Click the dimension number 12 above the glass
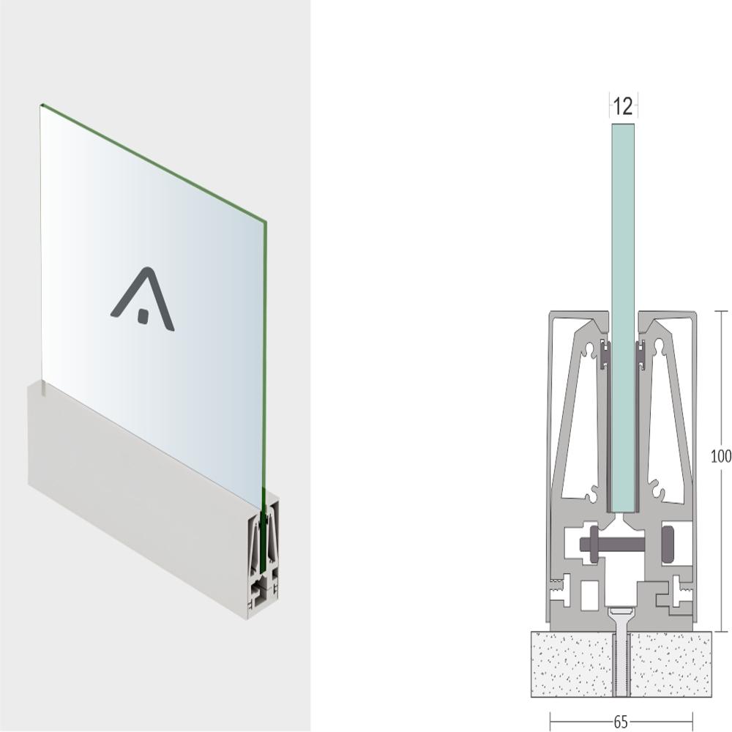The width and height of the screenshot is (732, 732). click(623, 106)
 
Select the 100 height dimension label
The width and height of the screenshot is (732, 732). click(721, 456)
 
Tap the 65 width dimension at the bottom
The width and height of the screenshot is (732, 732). click(621, 722)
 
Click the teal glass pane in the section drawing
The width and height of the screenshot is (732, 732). click(623, 318)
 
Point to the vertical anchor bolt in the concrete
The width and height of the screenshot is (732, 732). click(621, 654)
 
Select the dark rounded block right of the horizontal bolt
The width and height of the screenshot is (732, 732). click(668, 543)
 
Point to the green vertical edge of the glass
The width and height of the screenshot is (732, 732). click(264, 364)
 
